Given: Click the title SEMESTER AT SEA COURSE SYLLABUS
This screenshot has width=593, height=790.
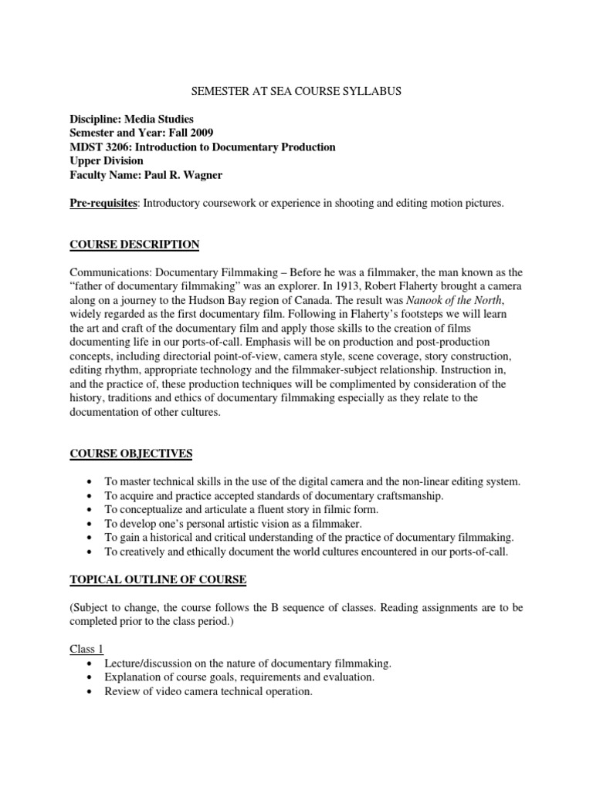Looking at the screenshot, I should click(296, 91).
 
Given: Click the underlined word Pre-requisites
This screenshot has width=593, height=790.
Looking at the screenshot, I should click(103, 203).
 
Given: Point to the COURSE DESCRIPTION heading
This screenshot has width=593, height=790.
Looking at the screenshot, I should click(134, 245).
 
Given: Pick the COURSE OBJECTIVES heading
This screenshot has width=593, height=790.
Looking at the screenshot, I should click(131, 453).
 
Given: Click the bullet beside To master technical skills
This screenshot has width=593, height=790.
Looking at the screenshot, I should click(92, 481).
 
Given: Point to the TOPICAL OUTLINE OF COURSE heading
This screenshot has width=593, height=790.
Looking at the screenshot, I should click(158, 579).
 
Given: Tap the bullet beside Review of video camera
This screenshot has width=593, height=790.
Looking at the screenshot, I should click(92, 691).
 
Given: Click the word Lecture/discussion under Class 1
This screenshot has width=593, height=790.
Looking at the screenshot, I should click(149, 663).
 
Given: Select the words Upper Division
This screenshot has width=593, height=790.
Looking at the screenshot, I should click(107, 160).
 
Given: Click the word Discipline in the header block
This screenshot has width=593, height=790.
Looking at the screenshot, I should click(95, 119).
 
